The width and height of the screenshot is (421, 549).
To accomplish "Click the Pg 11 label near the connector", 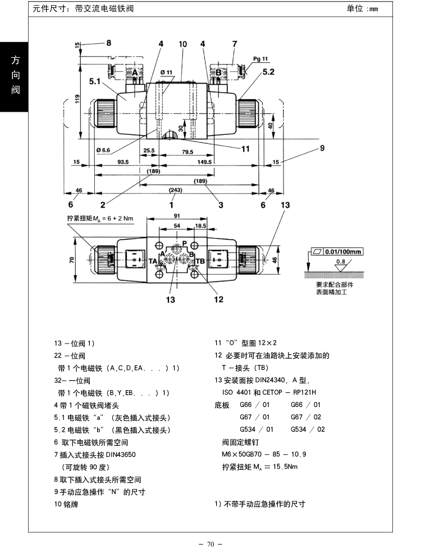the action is [260, 59].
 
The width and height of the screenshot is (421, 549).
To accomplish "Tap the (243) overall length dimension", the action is [176, 190].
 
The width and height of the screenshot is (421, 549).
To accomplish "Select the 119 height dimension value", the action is [77, 99].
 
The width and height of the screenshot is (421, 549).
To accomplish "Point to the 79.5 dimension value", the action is [187, 152].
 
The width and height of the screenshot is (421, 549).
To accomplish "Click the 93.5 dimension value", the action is [123, 162].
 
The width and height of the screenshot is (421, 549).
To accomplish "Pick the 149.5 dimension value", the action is [204, 162].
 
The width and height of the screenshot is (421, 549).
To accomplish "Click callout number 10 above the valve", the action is [183, 44].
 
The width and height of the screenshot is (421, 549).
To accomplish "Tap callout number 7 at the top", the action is [235, 44].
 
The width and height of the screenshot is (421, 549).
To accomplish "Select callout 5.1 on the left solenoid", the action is [94, 81].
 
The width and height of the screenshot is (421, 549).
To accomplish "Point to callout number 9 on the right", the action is [322, 148].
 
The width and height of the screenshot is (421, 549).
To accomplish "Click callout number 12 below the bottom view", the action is [218, 299].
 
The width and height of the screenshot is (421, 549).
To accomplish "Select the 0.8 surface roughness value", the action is [341, 261].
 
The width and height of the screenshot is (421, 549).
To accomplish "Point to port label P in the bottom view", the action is [185, 244].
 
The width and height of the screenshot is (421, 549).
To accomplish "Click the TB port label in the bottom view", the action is [200, 261].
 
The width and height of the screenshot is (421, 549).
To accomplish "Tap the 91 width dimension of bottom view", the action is [177, 216].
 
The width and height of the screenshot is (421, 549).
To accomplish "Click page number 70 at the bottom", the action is [210, 544].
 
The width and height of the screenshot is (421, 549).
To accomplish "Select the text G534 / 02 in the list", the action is [308, 429].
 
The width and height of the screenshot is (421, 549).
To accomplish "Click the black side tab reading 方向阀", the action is [15, 77].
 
